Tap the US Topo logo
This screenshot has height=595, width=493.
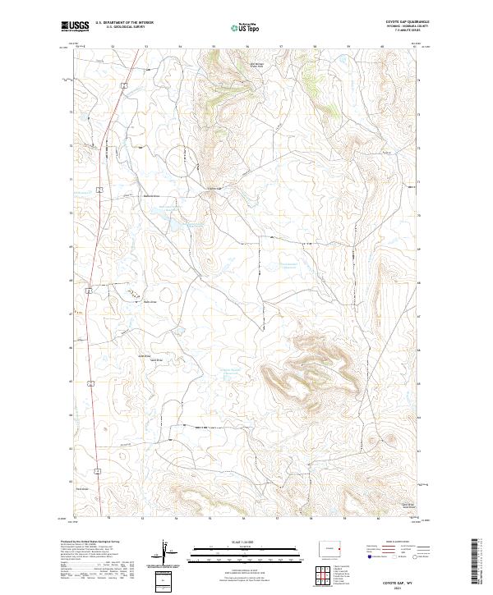tap(246, 26)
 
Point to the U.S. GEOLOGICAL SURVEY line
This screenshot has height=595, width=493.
tap(120, 28)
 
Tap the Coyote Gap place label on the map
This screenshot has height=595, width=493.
tap(213, 187)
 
